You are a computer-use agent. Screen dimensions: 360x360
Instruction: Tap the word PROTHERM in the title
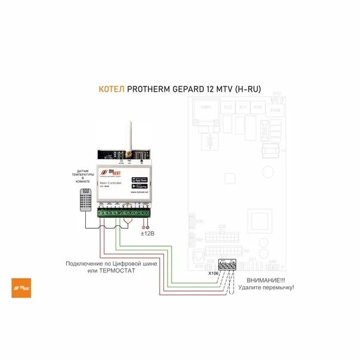tap(152, 90)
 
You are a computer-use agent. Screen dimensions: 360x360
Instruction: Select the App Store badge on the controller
tap(139, 179)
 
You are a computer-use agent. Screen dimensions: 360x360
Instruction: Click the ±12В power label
tap(147, 234)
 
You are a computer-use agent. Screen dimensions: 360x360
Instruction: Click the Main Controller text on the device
tap(110, 183)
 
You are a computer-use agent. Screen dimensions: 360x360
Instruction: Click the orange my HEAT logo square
tap(21, 288)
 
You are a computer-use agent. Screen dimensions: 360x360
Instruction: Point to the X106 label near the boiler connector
tap(213, 273)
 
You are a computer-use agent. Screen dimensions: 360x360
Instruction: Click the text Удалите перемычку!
tap(266, 287)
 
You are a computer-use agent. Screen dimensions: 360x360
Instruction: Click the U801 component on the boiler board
tap(206, 107)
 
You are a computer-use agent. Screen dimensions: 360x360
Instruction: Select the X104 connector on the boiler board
tap(274, 110)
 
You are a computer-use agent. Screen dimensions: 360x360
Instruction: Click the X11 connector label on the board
tap(243, 107)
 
